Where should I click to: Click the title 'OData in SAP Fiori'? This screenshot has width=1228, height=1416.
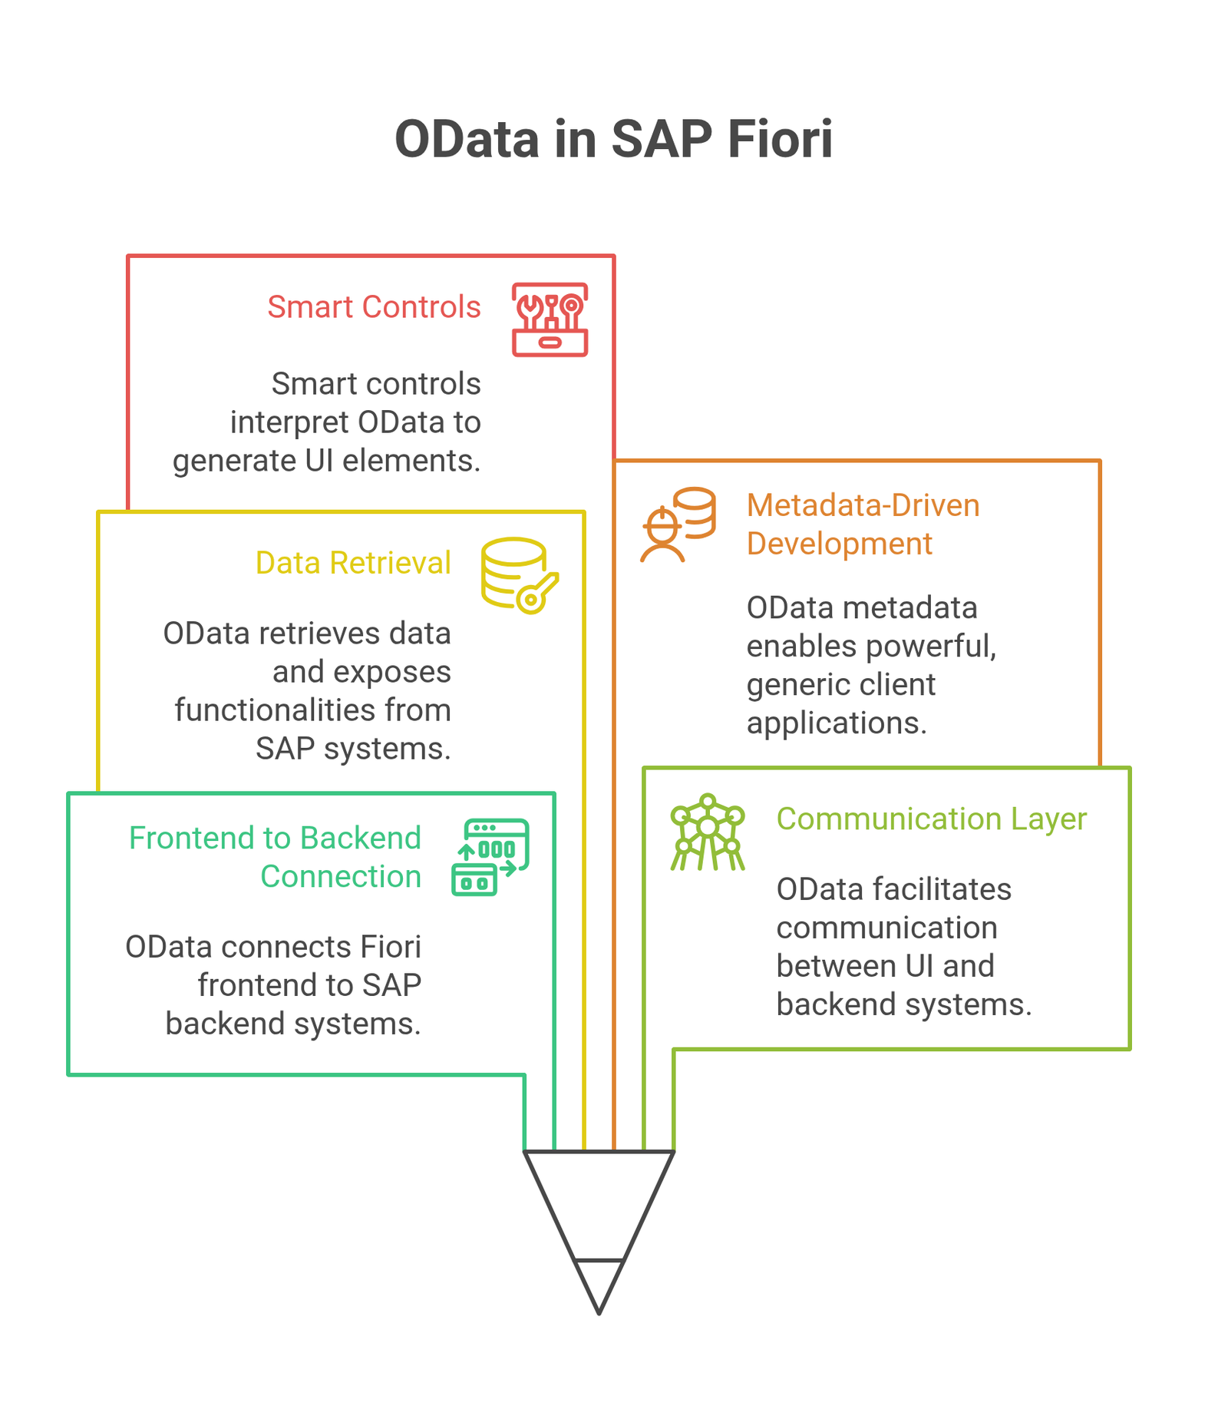click(x=613, y=139)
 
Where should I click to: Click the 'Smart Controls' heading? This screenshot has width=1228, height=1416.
click(x=374, y=307)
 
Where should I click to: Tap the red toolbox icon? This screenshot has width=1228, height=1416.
click(x=550, y=319)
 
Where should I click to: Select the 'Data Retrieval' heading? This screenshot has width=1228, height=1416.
click(x=353, y=563)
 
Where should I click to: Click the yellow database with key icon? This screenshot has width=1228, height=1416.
click(x=520, y=575)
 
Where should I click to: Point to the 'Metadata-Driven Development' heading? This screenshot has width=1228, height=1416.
click(x=863, y=524)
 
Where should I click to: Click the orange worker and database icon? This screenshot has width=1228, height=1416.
click(x=678, y=524)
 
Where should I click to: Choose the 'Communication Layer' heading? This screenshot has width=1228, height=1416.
click(x=932, y=819)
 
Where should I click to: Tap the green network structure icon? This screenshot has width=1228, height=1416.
click(x=708, y=832)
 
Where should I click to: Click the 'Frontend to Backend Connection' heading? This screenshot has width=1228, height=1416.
click(x=275, y=857)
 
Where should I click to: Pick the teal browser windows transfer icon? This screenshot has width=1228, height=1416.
click(x=490, y=857)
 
